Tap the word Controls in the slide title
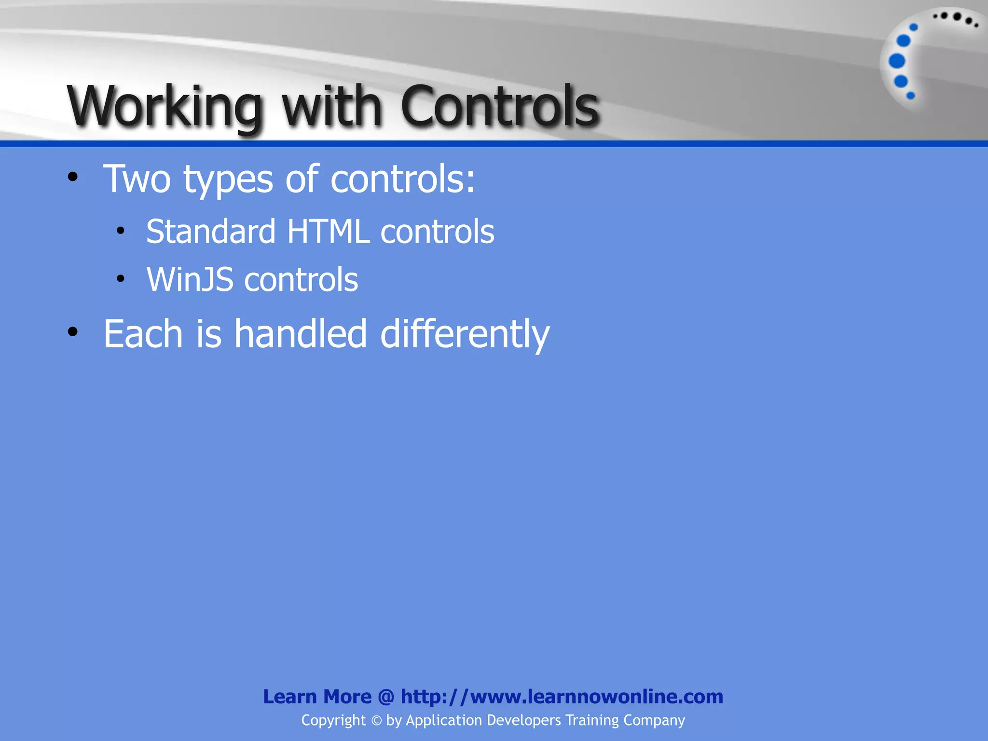tap(500, 106)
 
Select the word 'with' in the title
tap(332, 106)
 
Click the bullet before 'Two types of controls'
tap(73, 177)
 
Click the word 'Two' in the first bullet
tap(137, 179)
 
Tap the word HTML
tap(328, 232)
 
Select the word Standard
tap(211, 232)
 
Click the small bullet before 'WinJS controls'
tap(121, 278)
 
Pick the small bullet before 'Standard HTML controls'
tap(121, 230)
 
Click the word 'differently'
tap(465, 334)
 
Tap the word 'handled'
tap(301, 334)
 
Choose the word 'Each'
tap(143, 334)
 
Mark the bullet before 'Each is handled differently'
tap(73, 332)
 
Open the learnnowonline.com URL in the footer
tap(562, 697)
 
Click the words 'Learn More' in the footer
tap(317, 697)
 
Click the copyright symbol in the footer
tap(376, 721)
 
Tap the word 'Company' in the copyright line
tap(654, 720)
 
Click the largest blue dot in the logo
tap(897, 61)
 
